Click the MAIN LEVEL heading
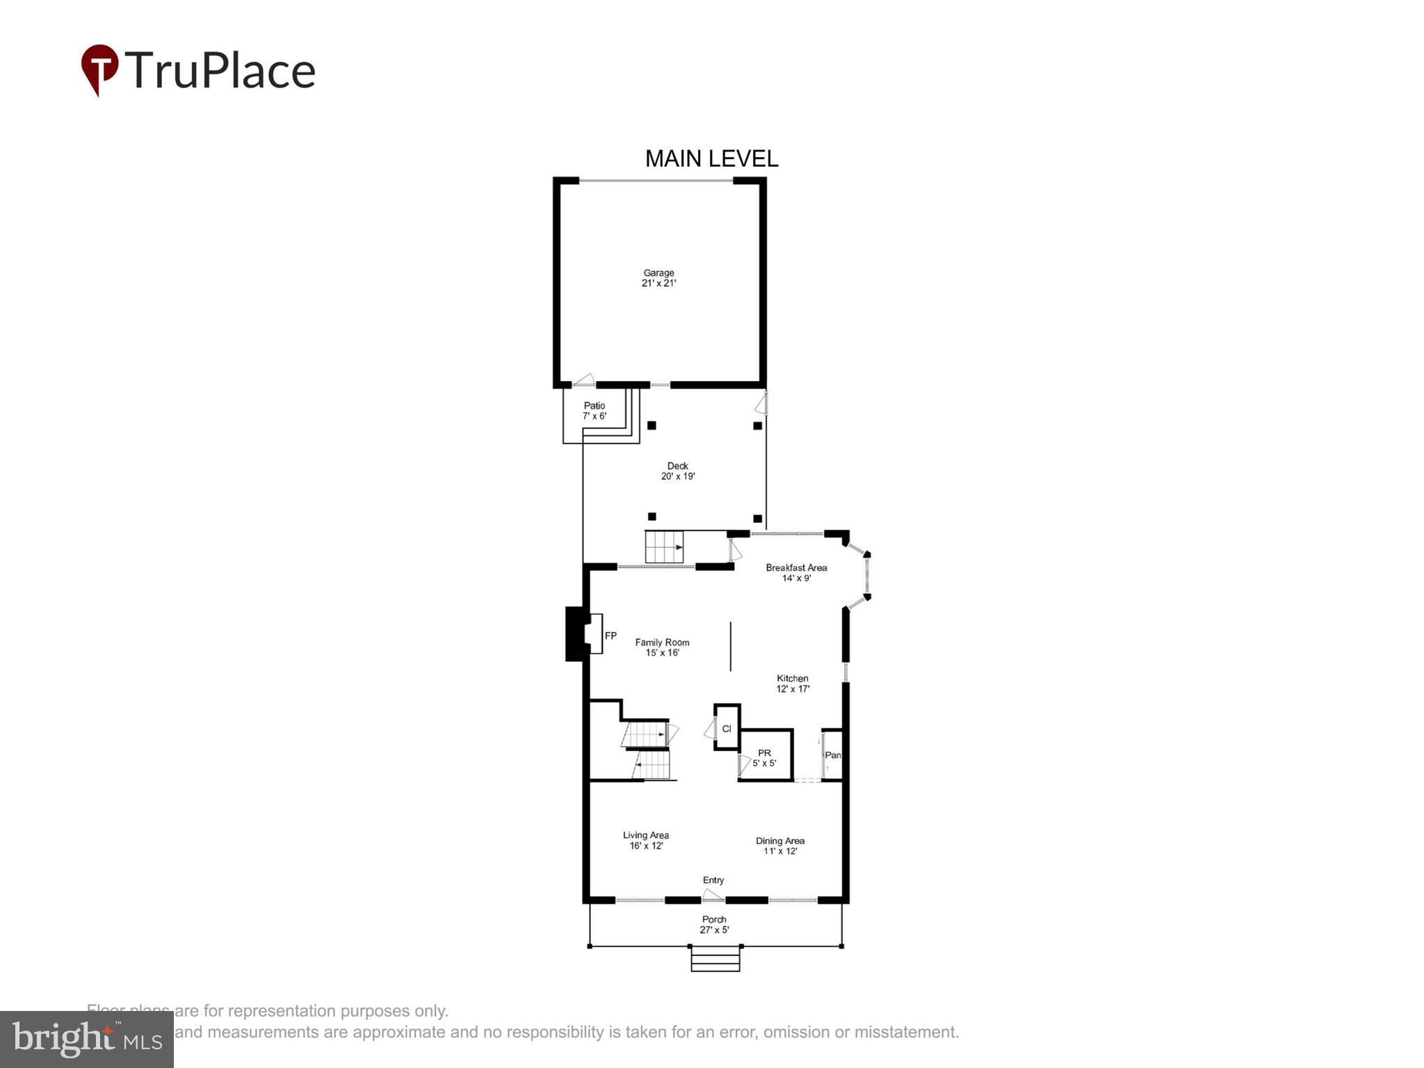[x=711, y=159]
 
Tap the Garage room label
[x=658, y=278]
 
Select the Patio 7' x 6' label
[x=594, y=411]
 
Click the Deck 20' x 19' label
[x=678, y=471]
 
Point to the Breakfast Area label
[x=796, y=572]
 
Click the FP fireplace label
[x=610, y=636]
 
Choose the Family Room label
[x=662, y=647]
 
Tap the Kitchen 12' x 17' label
[x=793, y=683]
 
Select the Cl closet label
[x=727, y=729]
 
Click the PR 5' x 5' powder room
[x=764, y=758]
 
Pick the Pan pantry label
[x=832, y=755]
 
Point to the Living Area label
[x=646, y=840]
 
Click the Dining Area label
[x=780, y=845]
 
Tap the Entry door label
[x=713, y=880]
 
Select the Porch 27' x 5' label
[x=714, y=924]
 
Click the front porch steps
[x=715, y=959]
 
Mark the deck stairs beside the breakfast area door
[x=664, y=547]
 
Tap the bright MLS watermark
[x=87, y=1039]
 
